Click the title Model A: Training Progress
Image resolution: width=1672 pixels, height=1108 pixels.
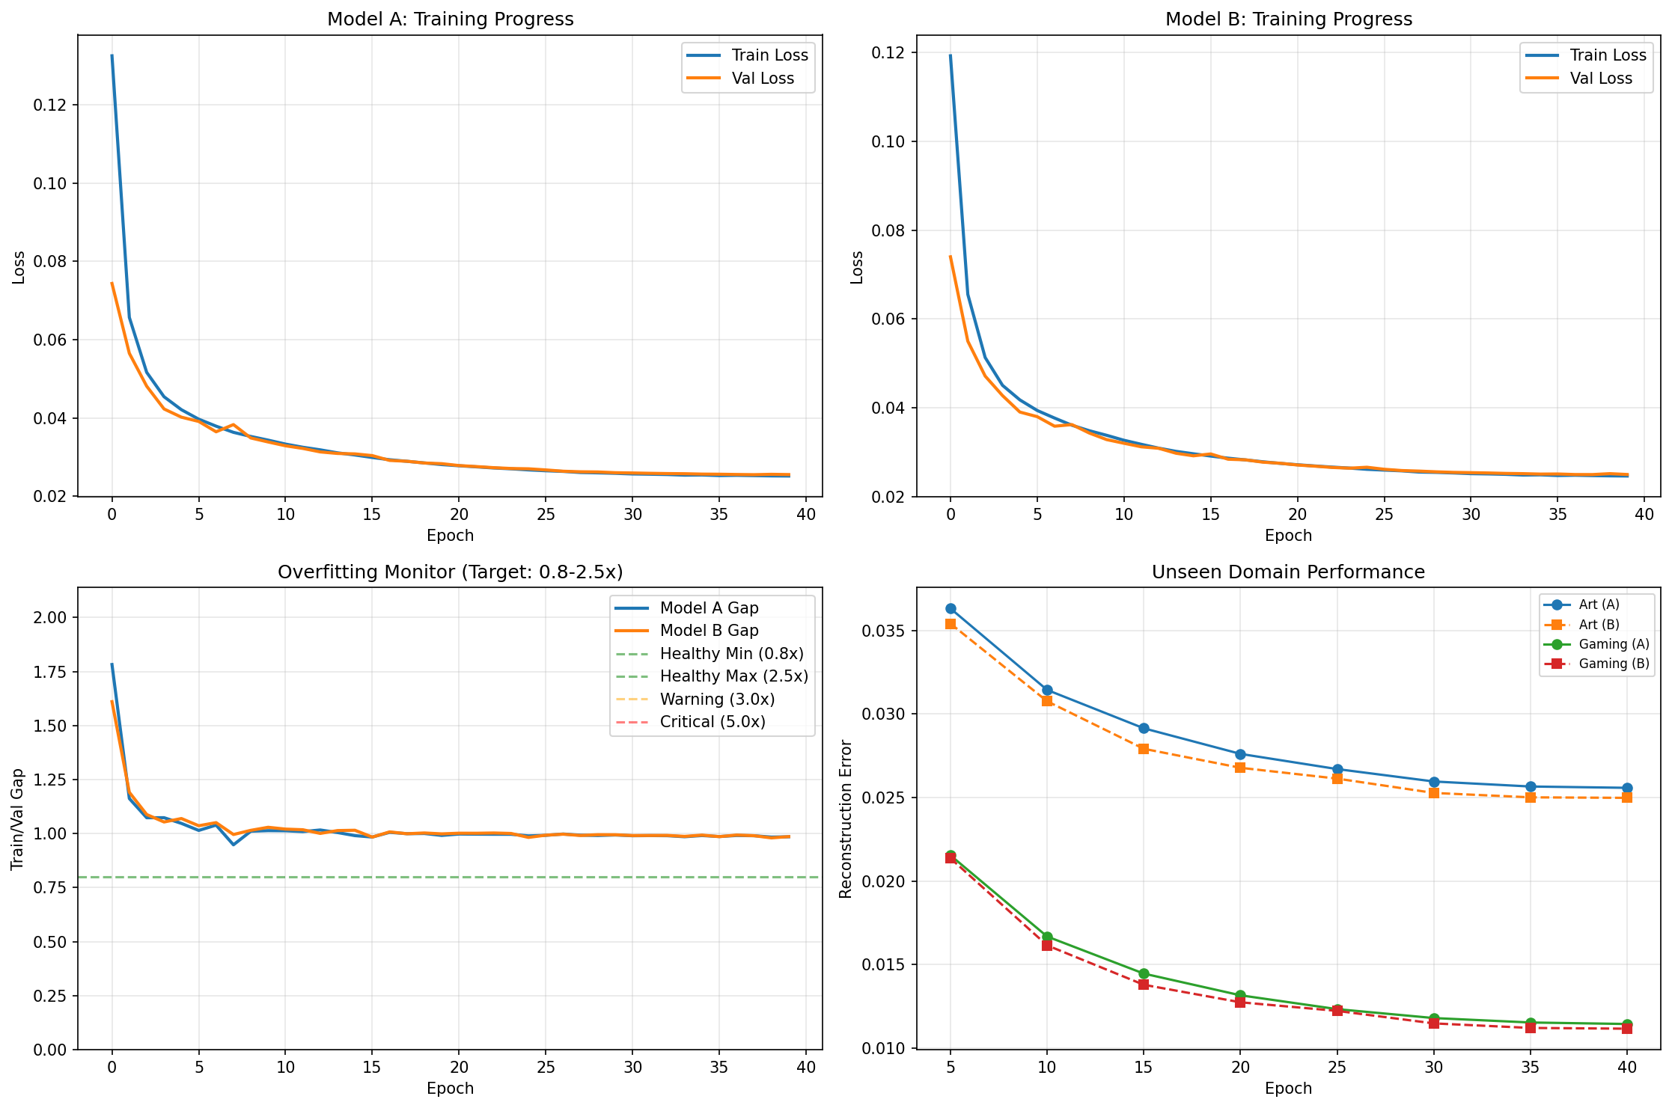pyautogui.click(x=450, y=19)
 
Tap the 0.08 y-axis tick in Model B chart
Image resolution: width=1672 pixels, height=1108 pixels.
pyautogui.click(x=889, y=230)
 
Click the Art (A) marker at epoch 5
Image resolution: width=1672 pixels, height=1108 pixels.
pyautogui.click(x=951, y=608)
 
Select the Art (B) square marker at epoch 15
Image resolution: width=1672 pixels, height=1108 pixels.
pyautogui.click(x=1144, y=748)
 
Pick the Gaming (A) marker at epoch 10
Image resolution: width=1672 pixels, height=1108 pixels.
pyautogui.click(x=1047, y=937)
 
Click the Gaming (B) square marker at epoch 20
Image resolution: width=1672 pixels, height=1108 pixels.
pyautogui.click(x=1240, y=1002)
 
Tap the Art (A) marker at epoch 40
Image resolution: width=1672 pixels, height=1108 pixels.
pyautogui.click(x=1627, y=788)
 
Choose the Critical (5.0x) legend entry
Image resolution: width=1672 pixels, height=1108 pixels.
pyautogui.click(x=712, y=722)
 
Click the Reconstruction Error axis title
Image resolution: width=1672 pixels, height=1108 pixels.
pyautogui.click(x=846, y=818)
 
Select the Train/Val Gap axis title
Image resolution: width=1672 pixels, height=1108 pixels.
pyautogui.click(x=17, y=818)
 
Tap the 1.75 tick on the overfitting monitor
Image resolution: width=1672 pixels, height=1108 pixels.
pyautogui.click(x=50, y=672)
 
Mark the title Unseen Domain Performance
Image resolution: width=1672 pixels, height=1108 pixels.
pyautogui.click(x=1287, y=572)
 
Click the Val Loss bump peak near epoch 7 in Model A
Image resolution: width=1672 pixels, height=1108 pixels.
pyautogui.click(x=233, y=424)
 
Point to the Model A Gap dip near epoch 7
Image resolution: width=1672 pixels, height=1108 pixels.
pyautogui.click(x=234, y=845)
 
